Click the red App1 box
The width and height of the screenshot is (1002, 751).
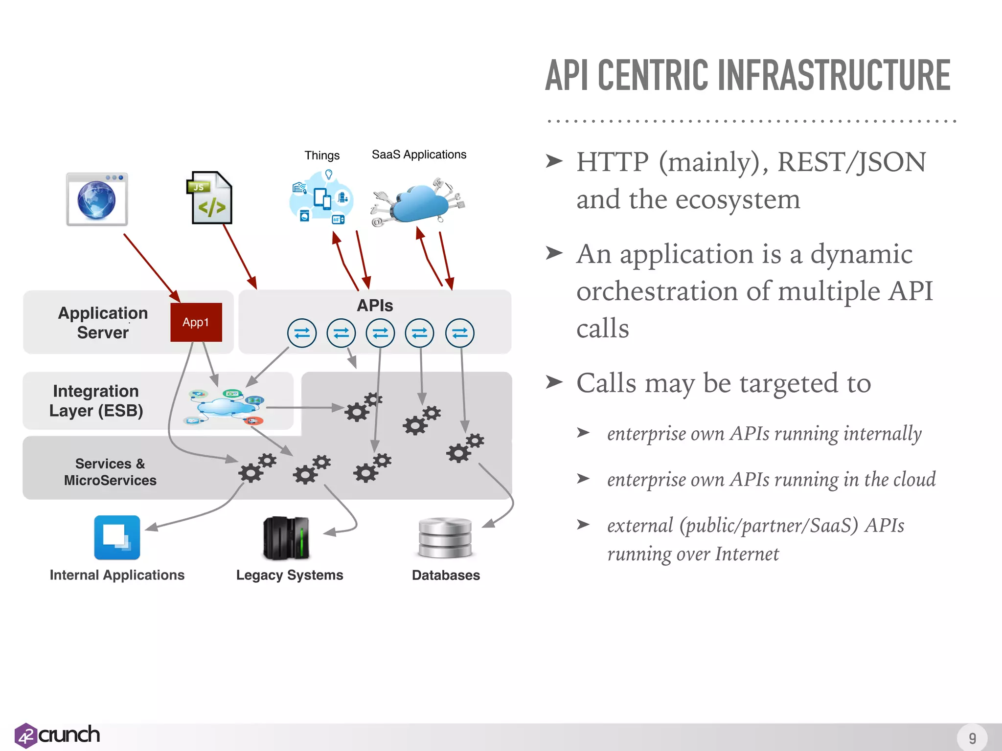(x=196, y=322)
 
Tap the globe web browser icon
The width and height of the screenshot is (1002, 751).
(x=97, y=199)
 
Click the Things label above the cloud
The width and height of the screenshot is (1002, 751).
(x=322, y=155)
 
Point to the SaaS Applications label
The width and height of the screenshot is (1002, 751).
(x=419, y=155)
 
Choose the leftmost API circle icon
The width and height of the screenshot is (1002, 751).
(x=302, y=333)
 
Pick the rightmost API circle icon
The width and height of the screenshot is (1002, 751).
(x=459, y=333)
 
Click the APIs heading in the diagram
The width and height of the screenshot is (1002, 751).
(x=375, y=306)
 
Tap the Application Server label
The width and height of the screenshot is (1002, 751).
(x=103, y=322)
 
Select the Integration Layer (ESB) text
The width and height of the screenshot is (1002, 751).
(x=96, y=400)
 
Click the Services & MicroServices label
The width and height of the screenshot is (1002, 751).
(x=110, y=472)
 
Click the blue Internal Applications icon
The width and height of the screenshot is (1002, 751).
(x=117, y=537)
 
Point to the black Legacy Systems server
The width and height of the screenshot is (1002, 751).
(x=286, y=538)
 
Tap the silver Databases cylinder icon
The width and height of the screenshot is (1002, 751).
(x=445, y=538)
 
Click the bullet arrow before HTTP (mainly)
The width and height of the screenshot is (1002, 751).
(x=554, y=161)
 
